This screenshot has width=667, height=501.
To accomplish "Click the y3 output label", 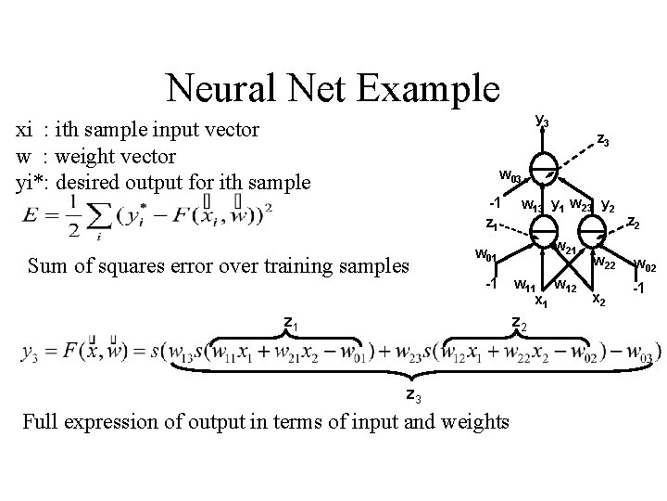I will pos(542,122).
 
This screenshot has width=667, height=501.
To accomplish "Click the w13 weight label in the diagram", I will pos(531,205).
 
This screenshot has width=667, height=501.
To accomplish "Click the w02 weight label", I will pos(645,267).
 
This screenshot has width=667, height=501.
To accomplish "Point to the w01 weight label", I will pos(486,254).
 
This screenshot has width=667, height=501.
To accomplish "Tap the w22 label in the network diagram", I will pos(605,263).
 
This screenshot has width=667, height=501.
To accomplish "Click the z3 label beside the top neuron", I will pos(602,141).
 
